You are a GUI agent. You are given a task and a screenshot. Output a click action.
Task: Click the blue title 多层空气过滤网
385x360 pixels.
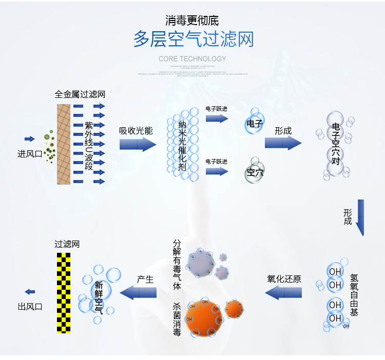tap(193, 39)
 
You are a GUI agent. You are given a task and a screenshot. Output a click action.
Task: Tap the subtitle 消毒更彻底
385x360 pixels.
tap(192, 21)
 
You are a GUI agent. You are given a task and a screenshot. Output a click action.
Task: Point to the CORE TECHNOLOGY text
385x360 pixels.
tap(192, 59)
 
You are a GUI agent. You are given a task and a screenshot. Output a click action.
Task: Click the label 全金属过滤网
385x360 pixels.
tap(80, 95)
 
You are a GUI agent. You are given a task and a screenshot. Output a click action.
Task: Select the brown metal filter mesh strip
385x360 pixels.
tap(64, 144)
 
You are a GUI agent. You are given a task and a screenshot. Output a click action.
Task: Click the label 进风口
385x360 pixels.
tap(30, 153)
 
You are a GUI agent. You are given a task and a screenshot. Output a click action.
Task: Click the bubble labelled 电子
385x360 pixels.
tap(255, 124)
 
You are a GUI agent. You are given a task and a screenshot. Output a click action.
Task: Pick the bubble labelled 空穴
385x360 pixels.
tap(255, 172)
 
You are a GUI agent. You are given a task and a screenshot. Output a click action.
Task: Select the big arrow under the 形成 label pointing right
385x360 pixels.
tap(283, 143)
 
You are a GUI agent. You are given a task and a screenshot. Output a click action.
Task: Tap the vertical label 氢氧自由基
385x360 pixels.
tap(354, 294)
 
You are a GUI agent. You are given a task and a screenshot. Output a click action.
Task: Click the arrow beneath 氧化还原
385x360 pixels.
tap(283, 293)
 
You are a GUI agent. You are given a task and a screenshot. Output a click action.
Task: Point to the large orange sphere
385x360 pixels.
tap(204, 318)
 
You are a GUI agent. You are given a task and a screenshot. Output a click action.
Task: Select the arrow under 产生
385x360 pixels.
tap(138, 293)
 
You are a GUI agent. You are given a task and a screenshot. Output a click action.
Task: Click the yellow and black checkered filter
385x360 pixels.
tap(63, 292)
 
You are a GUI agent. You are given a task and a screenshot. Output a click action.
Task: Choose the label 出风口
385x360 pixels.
tap(30, 307)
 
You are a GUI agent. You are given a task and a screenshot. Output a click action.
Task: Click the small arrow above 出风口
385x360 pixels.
tap(30, 292)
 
